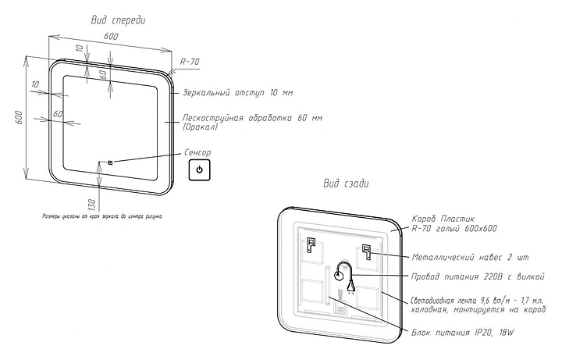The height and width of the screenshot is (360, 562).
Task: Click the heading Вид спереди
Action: [x=116, y=19]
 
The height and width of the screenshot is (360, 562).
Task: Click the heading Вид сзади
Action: [x=347, y=184]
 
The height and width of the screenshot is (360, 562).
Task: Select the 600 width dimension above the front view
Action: [x=111, y=37]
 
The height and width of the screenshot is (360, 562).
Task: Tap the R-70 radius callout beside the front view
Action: [x=190, y=62]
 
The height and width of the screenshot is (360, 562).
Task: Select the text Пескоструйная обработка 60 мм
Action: [x=252, y=118]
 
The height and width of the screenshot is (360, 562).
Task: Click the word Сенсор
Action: [x=197, y=152]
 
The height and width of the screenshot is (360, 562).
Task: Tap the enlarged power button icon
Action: [x=200, y=169]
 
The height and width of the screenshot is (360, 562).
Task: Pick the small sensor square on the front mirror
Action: [x=110, y=162]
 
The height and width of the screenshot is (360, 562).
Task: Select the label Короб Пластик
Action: [x=442, y=219]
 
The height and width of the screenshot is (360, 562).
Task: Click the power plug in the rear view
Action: [x=351, y=287]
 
